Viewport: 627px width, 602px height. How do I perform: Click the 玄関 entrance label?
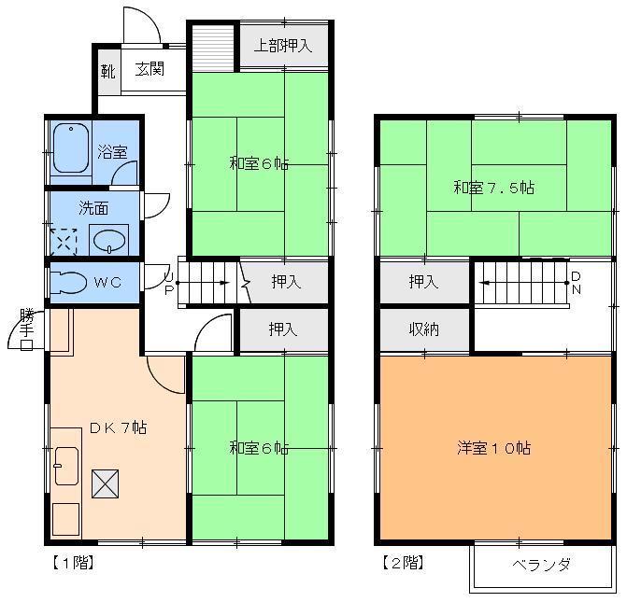tap(150, 69)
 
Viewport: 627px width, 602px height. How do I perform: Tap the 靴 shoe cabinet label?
tap(108, 70)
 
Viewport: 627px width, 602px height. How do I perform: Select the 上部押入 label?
tap(283, 46)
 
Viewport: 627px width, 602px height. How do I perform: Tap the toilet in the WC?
tap(70, 281)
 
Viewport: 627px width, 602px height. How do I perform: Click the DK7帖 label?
tap(118, 428)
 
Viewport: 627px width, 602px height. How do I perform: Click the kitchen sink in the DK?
tap(65, 464)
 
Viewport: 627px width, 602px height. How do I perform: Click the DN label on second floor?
tap(576, 282)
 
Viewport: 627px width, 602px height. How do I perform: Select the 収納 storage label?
tap(424, 329)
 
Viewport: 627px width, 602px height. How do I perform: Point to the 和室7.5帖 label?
tap(494, 187)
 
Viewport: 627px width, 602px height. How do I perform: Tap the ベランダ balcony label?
tap(541, 565)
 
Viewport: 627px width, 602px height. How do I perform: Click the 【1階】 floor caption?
tap(70, 563)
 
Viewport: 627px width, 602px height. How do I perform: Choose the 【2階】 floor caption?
tap(402, 563)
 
